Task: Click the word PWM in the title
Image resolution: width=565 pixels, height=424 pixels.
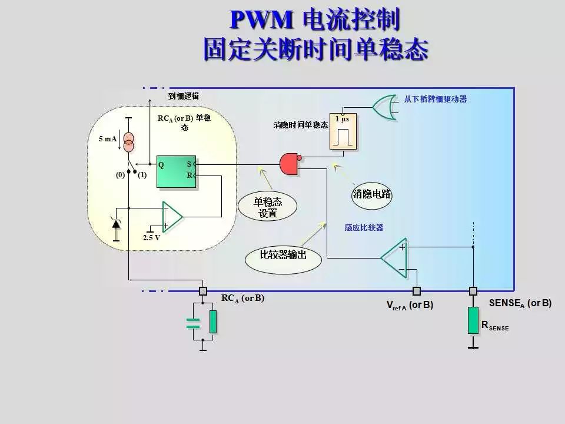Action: pyautogui.click(x=261, y=20)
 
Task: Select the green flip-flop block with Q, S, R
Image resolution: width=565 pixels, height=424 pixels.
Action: pyautogui.click(x=176, y=172)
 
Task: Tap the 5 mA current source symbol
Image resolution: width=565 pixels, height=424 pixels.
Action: pyautogui.click(x=128, y=142)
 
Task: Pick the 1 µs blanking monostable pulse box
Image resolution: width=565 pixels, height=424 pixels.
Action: pyautogui.click(x=343, y=132)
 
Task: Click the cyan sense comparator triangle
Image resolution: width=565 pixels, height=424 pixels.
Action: pyautogui.click(x=394, y=257)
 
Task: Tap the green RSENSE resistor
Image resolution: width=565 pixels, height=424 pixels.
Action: pyautogui.click(x=473, y=320)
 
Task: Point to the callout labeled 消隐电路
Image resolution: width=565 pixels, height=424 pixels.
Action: pyautogui.click(x=372, y=194)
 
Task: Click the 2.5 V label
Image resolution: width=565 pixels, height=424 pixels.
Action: pyautogui.click(x=151, y=238)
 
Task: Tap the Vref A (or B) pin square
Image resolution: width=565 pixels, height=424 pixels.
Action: pyautogui.click(x=417, y=291)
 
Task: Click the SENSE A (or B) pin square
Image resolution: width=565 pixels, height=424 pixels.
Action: pyautogui.click(x=473, y=291)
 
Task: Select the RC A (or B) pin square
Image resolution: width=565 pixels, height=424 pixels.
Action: pyautogui.click(x=203, y=291)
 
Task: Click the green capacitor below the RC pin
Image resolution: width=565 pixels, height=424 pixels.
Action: pyautogui.click(x=193, y=322)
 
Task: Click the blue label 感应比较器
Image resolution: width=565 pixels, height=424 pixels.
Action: pyautogui.click(x=364, y=227)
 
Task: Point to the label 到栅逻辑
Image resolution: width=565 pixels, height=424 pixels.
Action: pyautogui.click(x=183, y=96)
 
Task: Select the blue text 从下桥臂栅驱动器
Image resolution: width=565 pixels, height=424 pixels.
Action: pyautogui.click(x=436, y=99)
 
